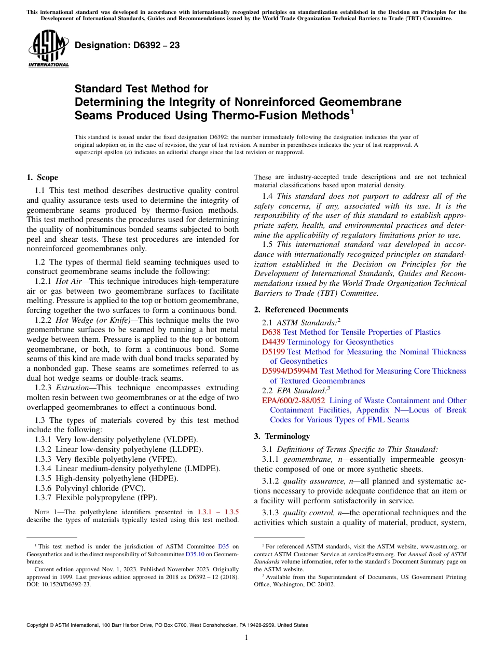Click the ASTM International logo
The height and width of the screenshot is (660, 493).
(x=48, y=50)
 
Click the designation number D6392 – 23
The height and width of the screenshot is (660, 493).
(x=127, y=46)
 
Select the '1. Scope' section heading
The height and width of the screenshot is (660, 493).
(x=42, y=177)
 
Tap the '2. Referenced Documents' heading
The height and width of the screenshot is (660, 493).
(x=301, y=310)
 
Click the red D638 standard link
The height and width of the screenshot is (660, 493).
(x=271, y=332)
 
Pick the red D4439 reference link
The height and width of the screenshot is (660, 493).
(x=273, y=342)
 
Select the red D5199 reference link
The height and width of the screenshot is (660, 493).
(x=273, y=352)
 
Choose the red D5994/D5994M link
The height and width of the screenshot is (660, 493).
(x=290, y=371)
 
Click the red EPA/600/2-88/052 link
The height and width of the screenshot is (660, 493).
(x=293, y=401)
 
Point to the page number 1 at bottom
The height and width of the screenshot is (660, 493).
(x=246, y=637)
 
